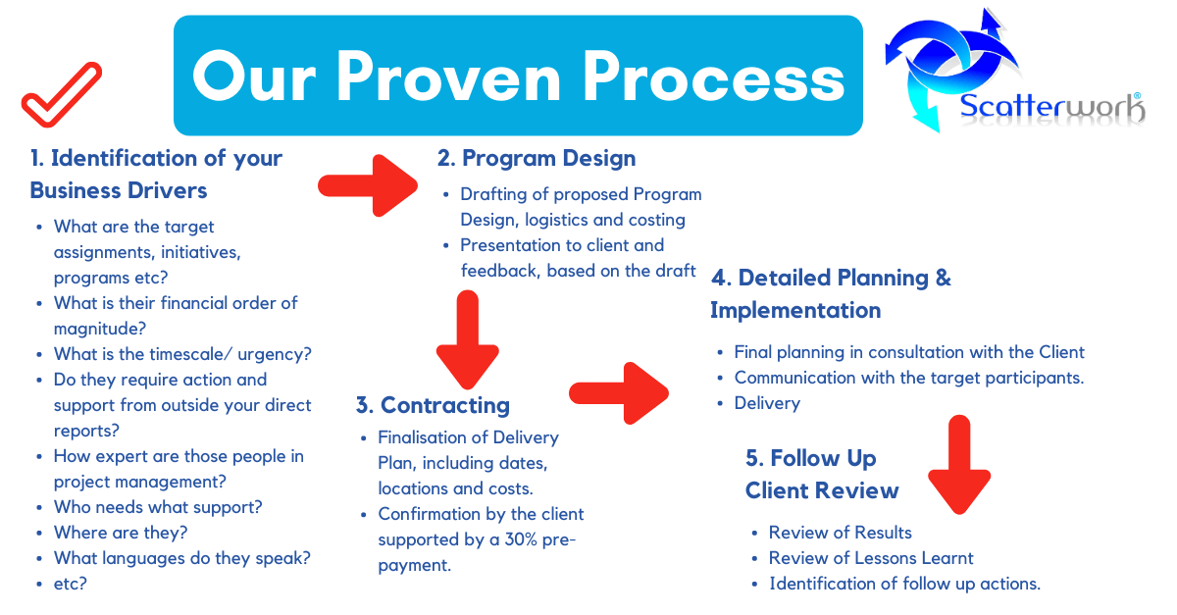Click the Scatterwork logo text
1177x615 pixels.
click(x=1051, y=107)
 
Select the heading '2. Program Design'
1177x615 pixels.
click(x=537, y=158)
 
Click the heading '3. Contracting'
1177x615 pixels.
click(x=433, y=405)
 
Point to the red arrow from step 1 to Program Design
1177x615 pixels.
click(x=368, y=185)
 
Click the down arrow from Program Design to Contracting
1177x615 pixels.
click(x=467, y=339)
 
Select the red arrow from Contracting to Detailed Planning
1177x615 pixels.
click(x=619, y=393)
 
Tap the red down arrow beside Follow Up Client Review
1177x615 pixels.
click(x=959, y=465)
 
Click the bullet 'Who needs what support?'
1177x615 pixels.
click(x=158, y=507)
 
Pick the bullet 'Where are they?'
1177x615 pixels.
click(x=121, y=533)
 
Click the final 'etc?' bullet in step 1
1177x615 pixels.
click(x=71, y=584)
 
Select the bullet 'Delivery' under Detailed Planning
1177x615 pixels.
click(x=767, y=404)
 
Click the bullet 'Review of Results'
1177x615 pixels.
click(x=841, y=533)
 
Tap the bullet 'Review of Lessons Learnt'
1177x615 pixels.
click(x=871, y=558)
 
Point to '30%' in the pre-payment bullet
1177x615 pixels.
click(x=526, y=539)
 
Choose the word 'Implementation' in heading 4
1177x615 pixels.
click(x=795, y=311)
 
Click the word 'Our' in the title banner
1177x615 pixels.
click(x=254, y=77)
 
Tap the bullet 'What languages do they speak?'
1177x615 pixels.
click(x=182, y=558)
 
